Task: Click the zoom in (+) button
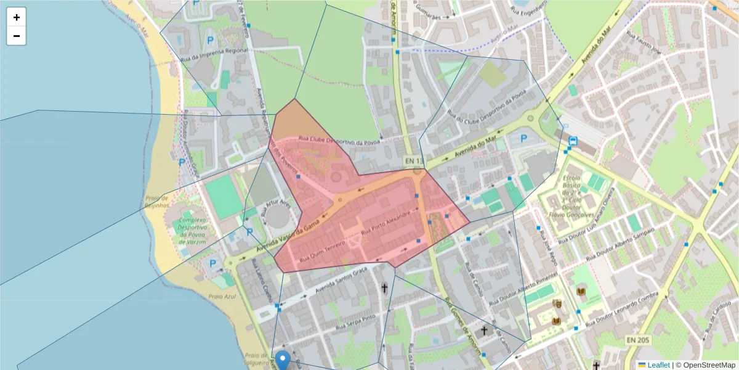point(16,17)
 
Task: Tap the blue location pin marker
point(283,359)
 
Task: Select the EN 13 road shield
point(414,161)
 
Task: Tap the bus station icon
point(573,141)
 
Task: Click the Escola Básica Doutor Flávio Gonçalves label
point(571,197)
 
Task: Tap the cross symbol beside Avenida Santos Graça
point(385,288)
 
